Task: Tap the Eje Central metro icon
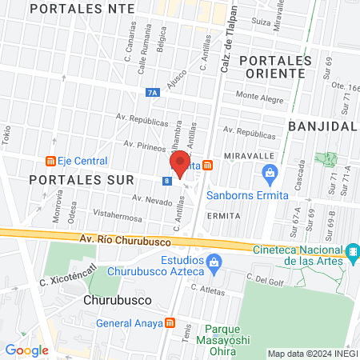[x=51, y=161]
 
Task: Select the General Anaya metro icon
[x=169, y=323]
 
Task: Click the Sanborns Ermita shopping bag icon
[x=270, y=172]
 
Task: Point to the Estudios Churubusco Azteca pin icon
[x=214, y=262]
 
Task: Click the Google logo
[x=26, y=350]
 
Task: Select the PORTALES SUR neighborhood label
[x=76, y=180]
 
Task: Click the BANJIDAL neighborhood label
[x=322, y=126]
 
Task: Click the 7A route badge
[x=154, y=93]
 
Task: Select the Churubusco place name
[x=118, y=302]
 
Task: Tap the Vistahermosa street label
[x=117, y=215]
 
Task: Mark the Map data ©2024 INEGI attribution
[x=312, y=354]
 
